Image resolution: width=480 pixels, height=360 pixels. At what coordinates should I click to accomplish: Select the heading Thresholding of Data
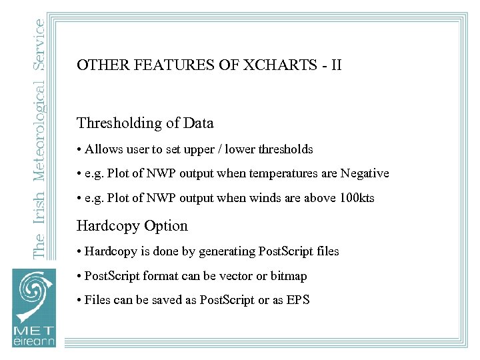[x=145, y=123]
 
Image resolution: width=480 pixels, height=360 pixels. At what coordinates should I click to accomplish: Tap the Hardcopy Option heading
[x=132, y=226]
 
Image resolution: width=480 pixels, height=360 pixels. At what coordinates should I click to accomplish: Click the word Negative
[x=365, y=173]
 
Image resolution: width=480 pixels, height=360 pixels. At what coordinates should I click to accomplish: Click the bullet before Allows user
[x=79, y=149]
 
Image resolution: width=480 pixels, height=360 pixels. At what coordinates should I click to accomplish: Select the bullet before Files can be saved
[x=79, y=300]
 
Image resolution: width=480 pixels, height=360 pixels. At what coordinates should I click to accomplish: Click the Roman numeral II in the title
[x=335, y=65]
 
